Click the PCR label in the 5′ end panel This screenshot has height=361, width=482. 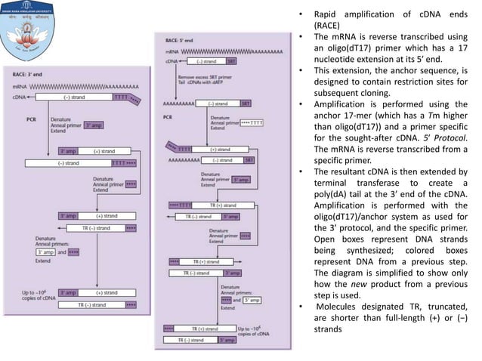170,116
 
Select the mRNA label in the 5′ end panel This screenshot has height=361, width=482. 171,51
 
